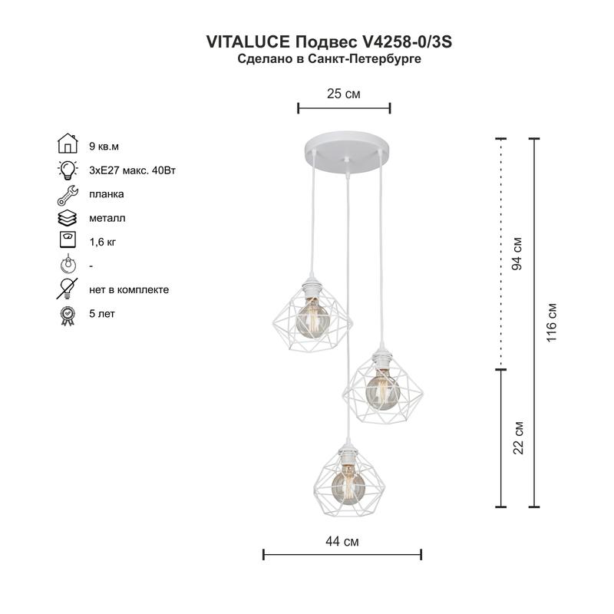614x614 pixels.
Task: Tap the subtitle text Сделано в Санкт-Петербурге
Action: [330, 58]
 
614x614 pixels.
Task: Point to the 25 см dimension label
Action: [343, 94]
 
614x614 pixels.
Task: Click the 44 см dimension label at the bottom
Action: [342, 541]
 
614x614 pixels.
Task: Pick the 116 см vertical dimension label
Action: [551, 322]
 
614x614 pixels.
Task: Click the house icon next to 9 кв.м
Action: [68, 144]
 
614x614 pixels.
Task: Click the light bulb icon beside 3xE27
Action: [68, 169]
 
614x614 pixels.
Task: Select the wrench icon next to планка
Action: [68, 193]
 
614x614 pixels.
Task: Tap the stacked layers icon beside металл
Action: [68, 217]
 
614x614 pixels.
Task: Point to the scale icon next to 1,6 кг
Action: [68, 241]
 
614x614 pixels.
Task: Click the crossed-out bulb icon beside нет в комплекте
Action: [68, 289]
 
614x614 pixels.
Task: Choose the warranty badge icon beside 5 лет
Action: [68, 314]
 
